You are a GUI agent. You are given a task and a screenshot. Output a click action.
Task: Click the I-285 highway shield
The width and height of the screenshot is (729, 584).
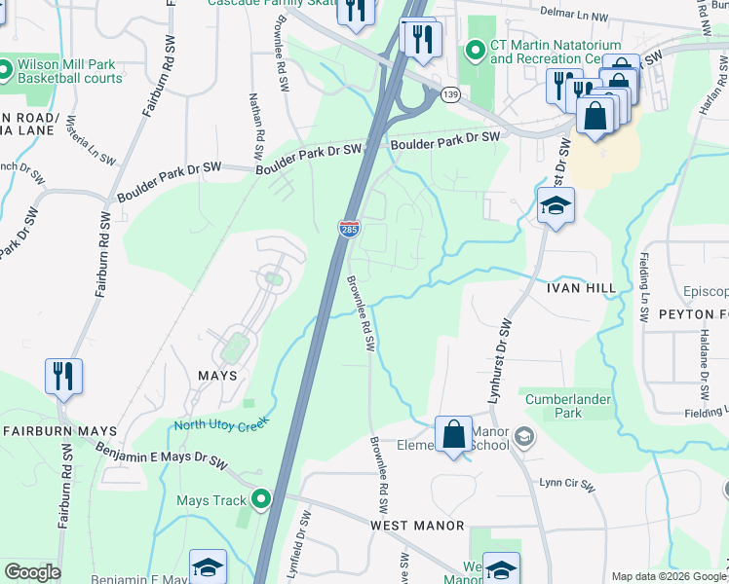[349, 229]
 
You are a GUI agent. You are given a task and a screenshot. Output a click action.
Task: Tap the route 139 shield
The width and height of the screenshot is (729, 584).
[449, 93]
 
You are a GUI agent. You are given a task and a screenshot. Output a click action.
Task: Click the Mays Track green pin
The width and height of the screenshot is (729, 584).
[260, 501]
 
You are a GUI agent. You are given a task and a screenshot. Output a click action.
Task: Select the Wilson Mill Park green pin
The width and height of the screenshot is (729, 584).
[4, 70]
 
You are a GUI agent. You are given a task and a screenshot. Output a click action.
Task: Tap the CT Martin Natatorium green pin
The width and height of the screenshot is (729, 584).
[476, 49]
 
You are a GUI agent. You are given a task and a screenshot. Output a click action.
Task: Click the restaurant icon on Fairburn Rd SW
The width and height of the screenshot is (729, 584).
[63, 375]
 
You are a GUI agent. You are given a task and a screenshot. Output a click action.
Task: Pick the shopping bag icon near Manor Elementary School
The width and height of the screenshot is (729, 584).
[454, 434]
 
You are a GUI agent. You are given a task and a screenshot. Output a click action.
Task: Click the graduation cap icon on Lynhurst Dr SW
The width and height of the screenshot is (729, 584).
[556, 206]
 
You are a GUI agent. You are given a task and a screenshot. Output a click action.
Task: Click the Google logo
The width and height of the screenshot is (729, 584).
[32, 572]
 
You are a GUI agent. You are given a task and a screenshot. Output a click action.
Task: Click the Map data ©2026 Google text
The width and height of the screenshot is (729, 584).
[670, 576]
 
